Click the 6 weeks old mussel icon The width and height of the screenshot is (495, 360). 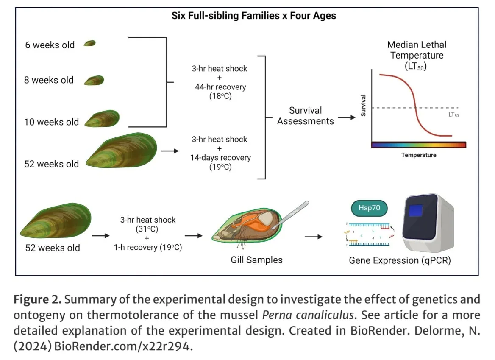pos(89,43)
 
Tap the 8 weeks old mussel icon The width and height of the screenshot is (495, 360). pos(94,80)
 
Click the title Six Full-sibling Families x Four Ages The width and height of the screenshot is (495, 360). pos(253,16)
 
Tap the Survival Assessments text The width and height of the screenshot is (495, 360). pos(306,116)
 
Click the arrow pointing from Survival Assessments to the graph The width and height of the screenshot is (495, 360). pos(347,117)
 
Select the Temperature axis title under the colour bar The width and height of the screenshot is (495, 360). pos(419,155)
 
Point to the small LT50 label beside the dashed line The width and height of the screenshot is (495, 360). pos(453,115)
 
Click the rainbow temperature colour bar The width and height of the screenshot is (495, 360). pos(419,145)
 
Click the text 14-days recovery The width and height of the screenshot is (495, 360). pos(220,158)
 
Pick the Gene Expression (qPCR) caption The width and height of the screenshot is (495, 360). pos(400,260)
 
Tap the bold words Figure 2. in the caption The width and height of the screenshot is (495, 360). pos(38,300)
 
